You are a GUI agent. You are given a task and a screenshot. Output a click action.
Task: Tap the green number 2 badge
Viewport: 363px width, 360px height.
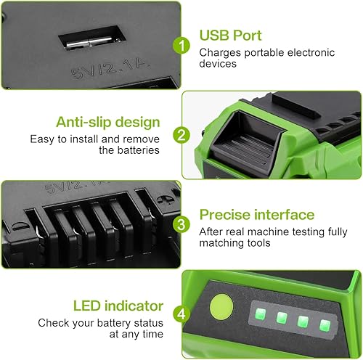tap(182, 135)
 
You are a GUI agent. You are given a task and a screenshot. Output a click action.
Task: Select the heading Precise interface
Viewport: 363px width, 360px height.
tap(256, 215)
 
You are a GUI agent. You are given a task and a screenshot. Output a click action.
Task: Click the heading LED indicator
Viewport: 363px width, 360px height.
tap(118, 306)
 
